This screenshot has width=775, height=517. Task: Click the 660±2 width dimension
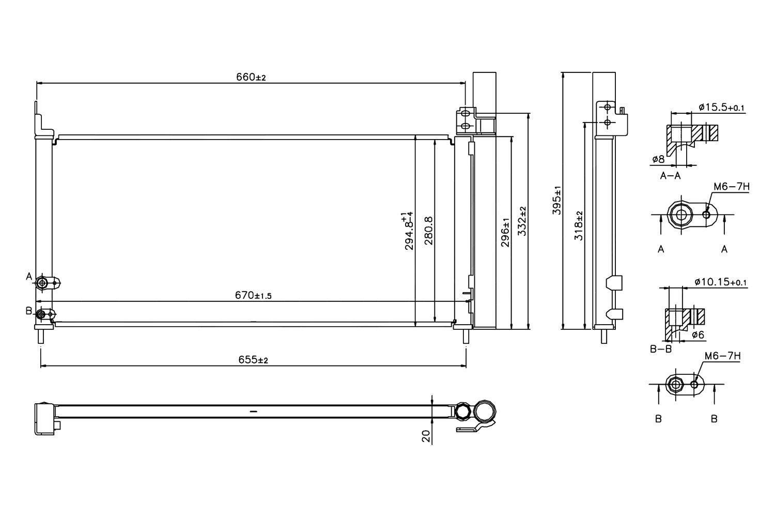click(251, 77)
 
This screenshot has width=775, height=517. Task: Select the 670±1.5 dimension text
click(253, 295)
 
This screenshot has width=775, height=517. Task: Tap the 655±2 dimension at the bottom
click(253, 360)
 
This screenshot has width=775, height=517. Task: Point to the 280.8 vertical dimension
click(429, 231)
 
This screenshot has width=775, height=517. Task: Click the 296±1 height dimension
click(505, 232)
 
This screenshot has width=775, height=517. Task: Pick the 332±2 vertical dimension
click(522, 221)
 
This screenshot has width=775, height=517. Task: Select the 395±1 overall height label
click(556, 200)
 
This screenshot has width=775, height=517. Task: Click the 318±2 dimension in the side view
click(578, 226)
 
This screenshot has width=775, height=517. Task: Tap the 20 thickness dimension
click(426, 436)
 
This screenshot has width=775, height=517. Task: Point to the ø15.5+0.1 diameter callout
click(721, 107)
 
